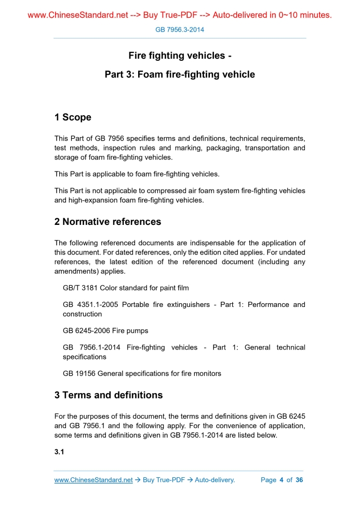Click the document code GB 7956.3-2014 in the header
click(180, 30)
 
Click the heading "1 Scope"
click(73, 117)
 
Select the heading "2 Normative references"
click(108, 222)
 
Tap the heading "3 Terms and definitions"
click(108, 395)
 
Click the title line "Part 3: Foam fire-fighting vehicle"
click(180, 74)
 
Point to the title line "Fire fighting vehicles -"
click(180, 56)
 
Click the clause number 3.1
click(59, 452)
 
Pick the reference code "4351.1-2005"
click(98, 304)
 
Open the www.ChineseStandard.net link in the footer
click(94, 480)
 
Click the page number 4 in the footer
click(281, 480)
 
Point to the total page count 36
click(299, 480)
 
